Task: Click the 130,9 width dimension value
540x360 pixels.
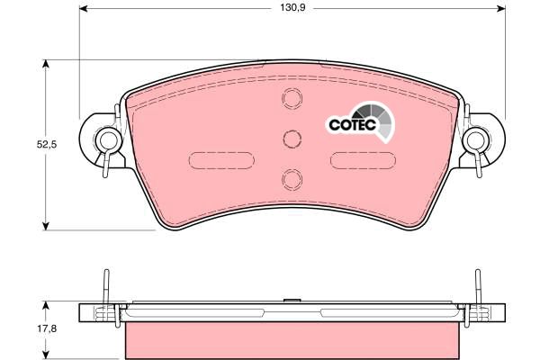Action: click(x=292, y=7)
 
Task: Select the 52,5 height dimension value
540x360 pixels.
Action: click(x=47, y=145)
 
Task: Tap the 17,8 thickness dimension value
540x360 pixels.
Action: click(x=47, y=328)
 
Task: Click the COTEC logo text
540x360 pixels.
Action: click(x=352, y=124)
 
